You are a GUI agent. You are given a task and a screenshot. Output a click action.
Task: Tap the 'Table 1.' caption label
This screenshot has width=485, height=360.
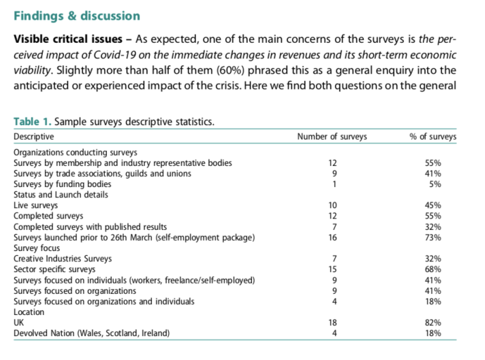pos(32,122)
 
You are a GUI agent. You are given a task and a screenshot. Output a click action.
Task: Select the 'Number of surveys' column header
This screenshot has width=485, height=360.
pos(332,136)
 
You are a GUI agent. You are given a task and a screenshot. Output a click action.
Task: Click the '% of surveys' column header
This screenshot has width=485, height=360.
pos(433,136)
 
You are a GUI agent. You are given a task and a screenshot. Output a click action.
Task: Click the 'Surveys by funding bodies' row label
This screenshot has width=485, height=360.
pos(62,184)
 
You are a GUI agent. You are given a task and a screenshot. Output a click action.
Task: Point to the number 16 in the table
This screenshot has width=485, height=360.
pos(334,237)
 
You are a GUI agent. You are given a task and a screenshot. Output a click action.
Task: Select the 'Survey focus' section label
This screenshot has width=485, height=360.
pos(37,248)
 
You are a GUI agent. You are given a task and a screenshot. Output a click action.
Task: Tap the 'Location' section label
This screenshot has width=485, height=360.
pos(29,312)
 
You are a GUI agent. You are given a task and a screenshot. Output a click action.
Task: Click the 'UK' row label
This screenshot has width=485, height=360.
pos(18,323)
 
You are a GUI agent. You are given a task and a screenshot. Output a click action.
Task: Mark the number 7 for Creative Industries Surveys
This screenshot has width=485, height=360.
pos(334,259)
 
